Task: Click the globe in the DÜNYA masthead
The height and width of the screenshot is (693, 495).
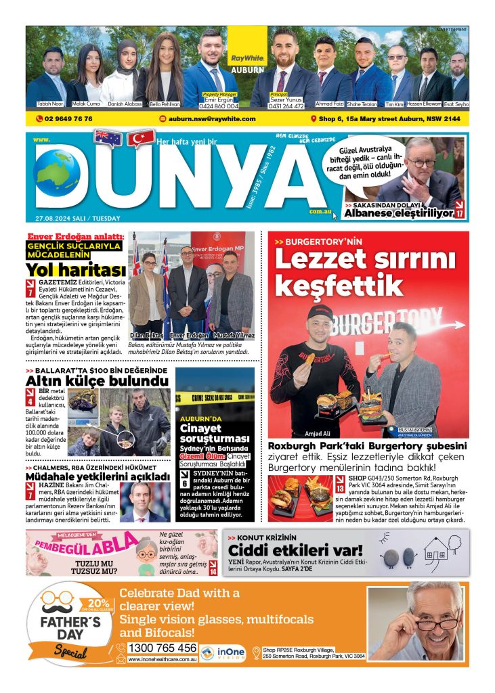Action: [57, 175]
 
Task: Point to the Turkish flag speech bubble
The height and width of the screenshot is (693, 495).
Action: [140, 139]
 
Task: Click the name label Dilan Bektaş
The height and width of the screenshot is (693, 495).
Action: [146, 335]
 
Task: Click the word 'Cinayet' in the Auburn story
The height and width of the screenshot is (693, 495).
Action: [199, 428]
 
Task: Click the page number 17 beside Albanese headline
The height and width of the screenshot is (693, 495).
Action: [459, 213]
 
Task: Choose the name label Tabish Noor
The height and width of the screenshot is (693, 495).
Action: [49, 104]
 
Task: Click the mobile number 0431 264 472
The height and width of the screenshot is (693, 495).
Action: [287, 106]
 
